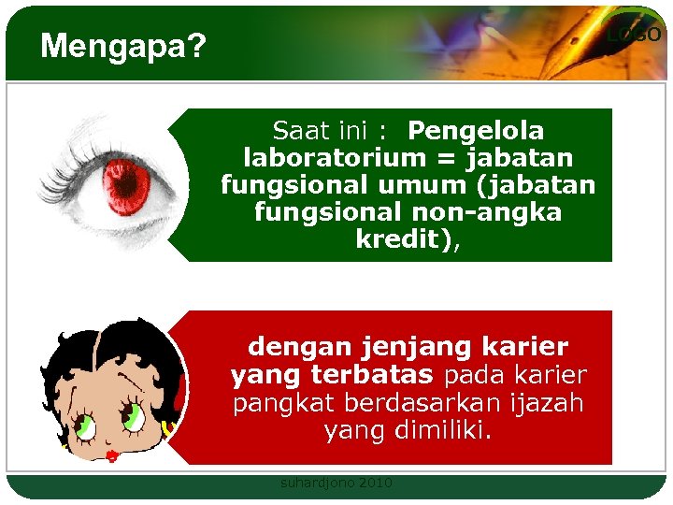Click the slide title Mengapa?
click(x=123, y=46)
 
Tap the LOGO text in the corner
click(x=634, y=35)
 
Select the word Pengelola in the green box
click(x=476, y=130)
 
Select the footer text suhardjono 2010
click(x=336, y=483)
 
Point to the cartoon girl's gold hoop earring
click(x=170, y=429)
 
